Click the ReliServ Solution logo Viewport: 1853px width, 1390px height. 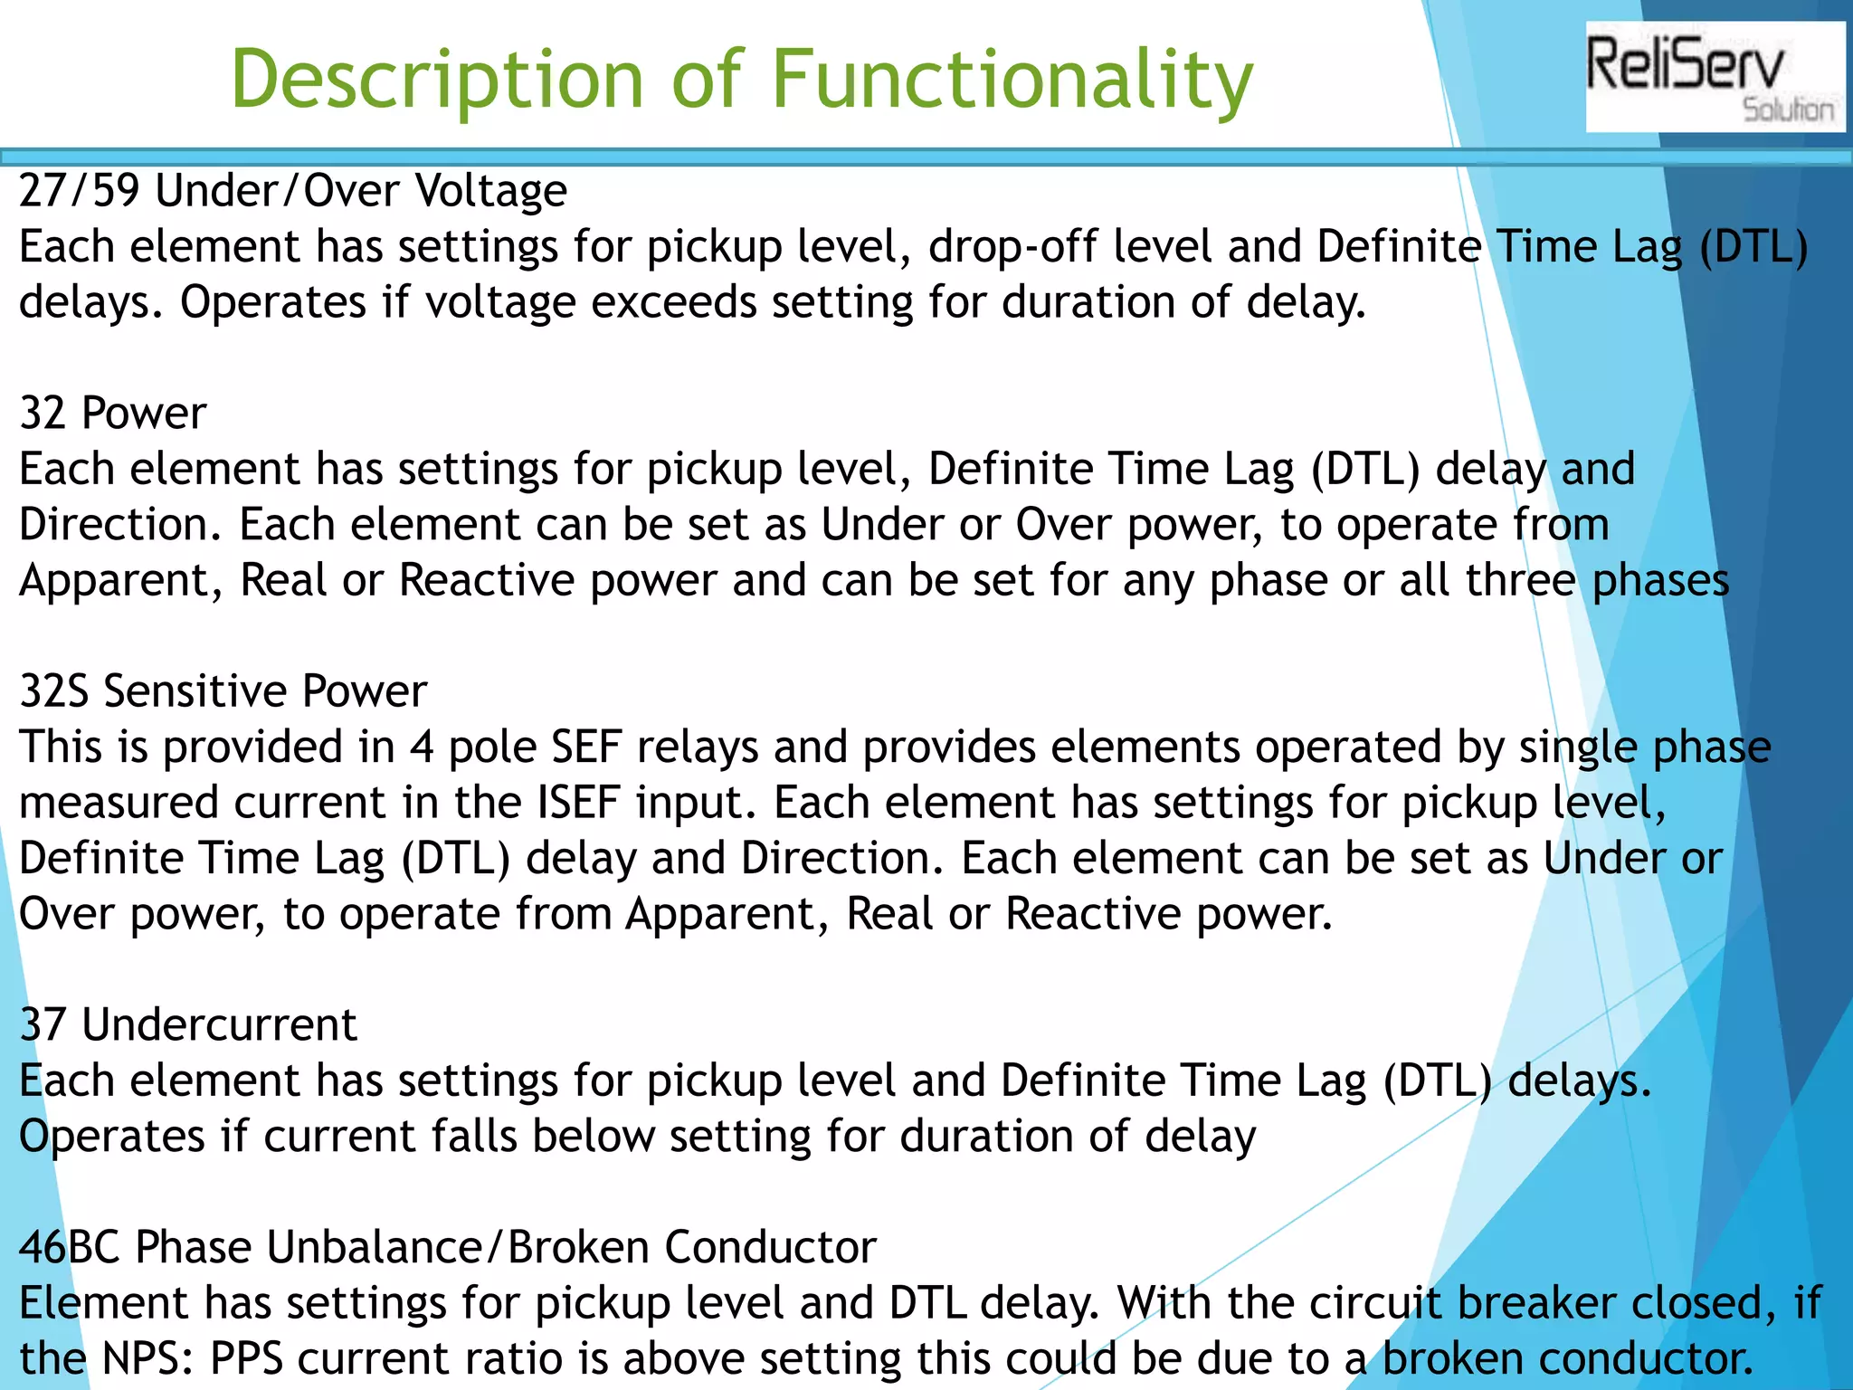[1714, 78]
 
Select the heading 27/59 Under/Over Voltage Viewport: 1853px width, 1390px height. [293, 191]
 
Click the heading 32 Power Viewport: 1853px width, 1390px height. [113, 414]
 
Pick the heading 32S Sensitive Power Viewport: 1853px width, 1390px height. [223, 691]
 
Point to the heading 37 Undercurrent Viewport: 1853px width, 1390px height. [188, 1025]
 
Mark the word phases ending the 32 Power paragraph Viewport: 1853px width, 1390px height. [1660, 581]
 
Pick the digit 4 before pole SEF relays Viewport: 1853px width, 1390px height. [421, 747]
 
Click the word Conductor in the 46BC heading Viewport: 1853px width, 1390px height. [770, 1248]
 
